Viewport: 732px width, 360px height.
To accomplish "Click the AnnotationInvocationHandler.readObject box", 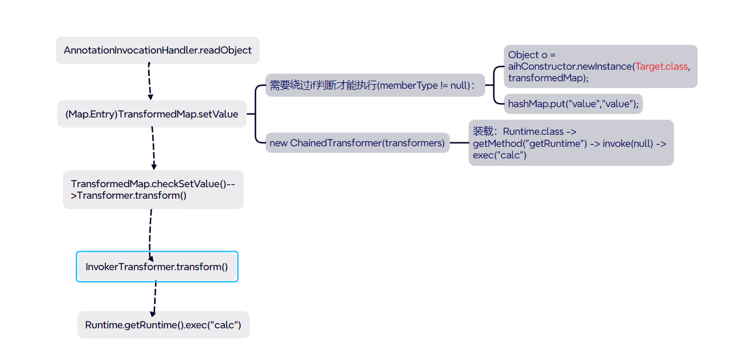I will [x=157, y=51].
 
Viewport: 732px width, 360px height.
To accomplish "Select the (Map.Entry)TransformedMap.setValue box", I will [x=152, y=114].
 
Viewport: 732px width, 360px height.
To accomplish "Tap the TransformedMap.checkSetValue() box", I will [x=153, y=190].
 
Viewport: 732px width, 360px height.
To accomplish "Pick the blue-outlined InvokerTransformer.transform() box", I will [x=157, y=267].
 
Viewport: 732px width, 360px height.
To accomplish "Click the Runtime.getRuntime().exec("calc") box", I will [x=163, y=325].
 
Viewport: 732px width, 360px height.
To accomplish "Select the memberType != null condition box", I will [x=375, y=85].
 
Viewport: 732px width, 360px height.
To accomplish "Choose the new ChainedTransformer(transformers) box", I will [x=357, y=143].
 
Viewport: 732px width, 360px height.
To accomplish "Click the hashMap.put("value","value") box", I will [x=573, y=104].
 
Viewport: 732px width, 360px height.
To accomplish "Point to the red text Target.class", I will [x=662, y=66].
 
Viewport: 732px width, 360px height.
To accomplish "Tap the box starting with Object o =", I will [x=600, y=66].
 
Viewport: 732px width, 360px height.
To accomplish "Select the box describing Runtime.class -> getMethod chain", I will [x=571, y=143].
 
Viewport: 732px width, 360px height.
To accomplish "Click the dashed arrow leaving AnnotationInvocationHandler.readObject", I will [x=149, y=81].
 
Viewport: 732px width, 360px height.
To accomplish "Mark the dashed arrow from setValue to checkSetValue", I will [x=153, y=148].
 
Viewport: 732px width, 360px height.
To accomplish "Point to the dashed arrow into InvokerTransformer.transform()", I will [x=150, y=230].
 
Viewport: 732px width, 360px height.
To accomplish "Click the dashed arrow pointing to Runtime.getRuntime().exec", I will [x=154, y=297].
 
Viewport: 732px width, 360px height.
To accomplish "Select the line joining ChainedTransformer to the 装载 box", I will [x=459, y=143].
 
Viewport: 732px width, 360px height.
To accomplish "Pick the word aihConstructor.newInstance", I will [x=570, y=66].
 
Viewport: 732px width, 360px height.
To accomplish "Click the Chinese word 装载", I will [x=483, y=131].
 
